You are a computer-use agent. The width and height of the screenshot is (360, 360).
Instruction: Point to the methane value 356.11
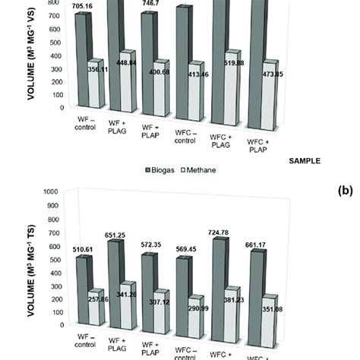[x=100, y=68]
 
